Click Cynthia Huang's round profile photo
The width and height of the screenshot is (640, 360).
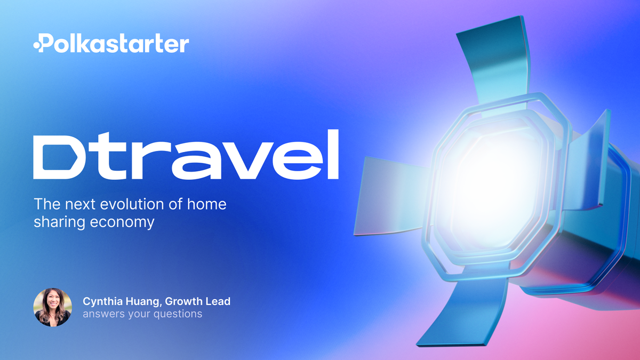coord(52,308)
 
